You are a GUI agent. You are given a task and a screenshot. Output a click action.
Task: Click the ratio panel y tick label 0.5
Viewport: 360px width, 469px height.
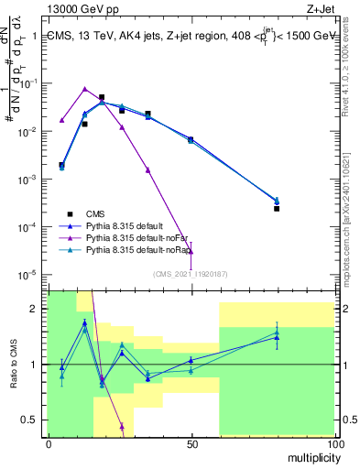[33, 420]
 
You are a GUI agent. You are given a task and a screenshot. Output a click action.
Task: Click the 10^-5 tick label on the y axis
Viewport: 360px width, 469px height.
[30, 274]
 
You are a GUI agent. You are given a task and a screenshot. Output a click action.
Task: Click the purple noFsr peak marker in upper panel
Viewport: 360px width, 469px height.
[84, 89]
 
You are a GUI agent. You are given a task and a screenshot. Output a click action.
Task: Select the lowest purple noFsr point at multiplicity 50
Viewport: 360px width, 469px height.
[191, 251]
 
